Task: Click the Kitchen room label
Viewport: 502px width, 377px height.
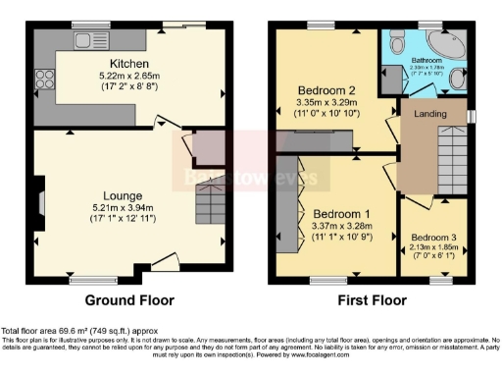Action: point(129,36)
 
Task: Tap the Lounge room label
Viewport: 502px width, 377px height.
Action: point(127,195)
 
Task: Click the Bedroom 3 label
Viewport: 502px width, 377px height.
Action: point(432,238)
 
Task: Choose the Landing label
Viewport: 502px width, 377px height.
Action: point(431,115)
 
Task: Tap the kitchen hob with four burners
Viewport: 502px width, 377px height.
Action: point(44,80)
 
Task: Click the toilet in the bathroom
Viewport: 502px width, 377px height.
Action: point(395,44)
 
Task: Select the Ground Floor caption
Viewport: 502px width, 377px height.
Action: point(129,300)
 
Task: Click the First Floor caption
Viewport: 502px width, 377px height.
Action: point(373,300)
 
